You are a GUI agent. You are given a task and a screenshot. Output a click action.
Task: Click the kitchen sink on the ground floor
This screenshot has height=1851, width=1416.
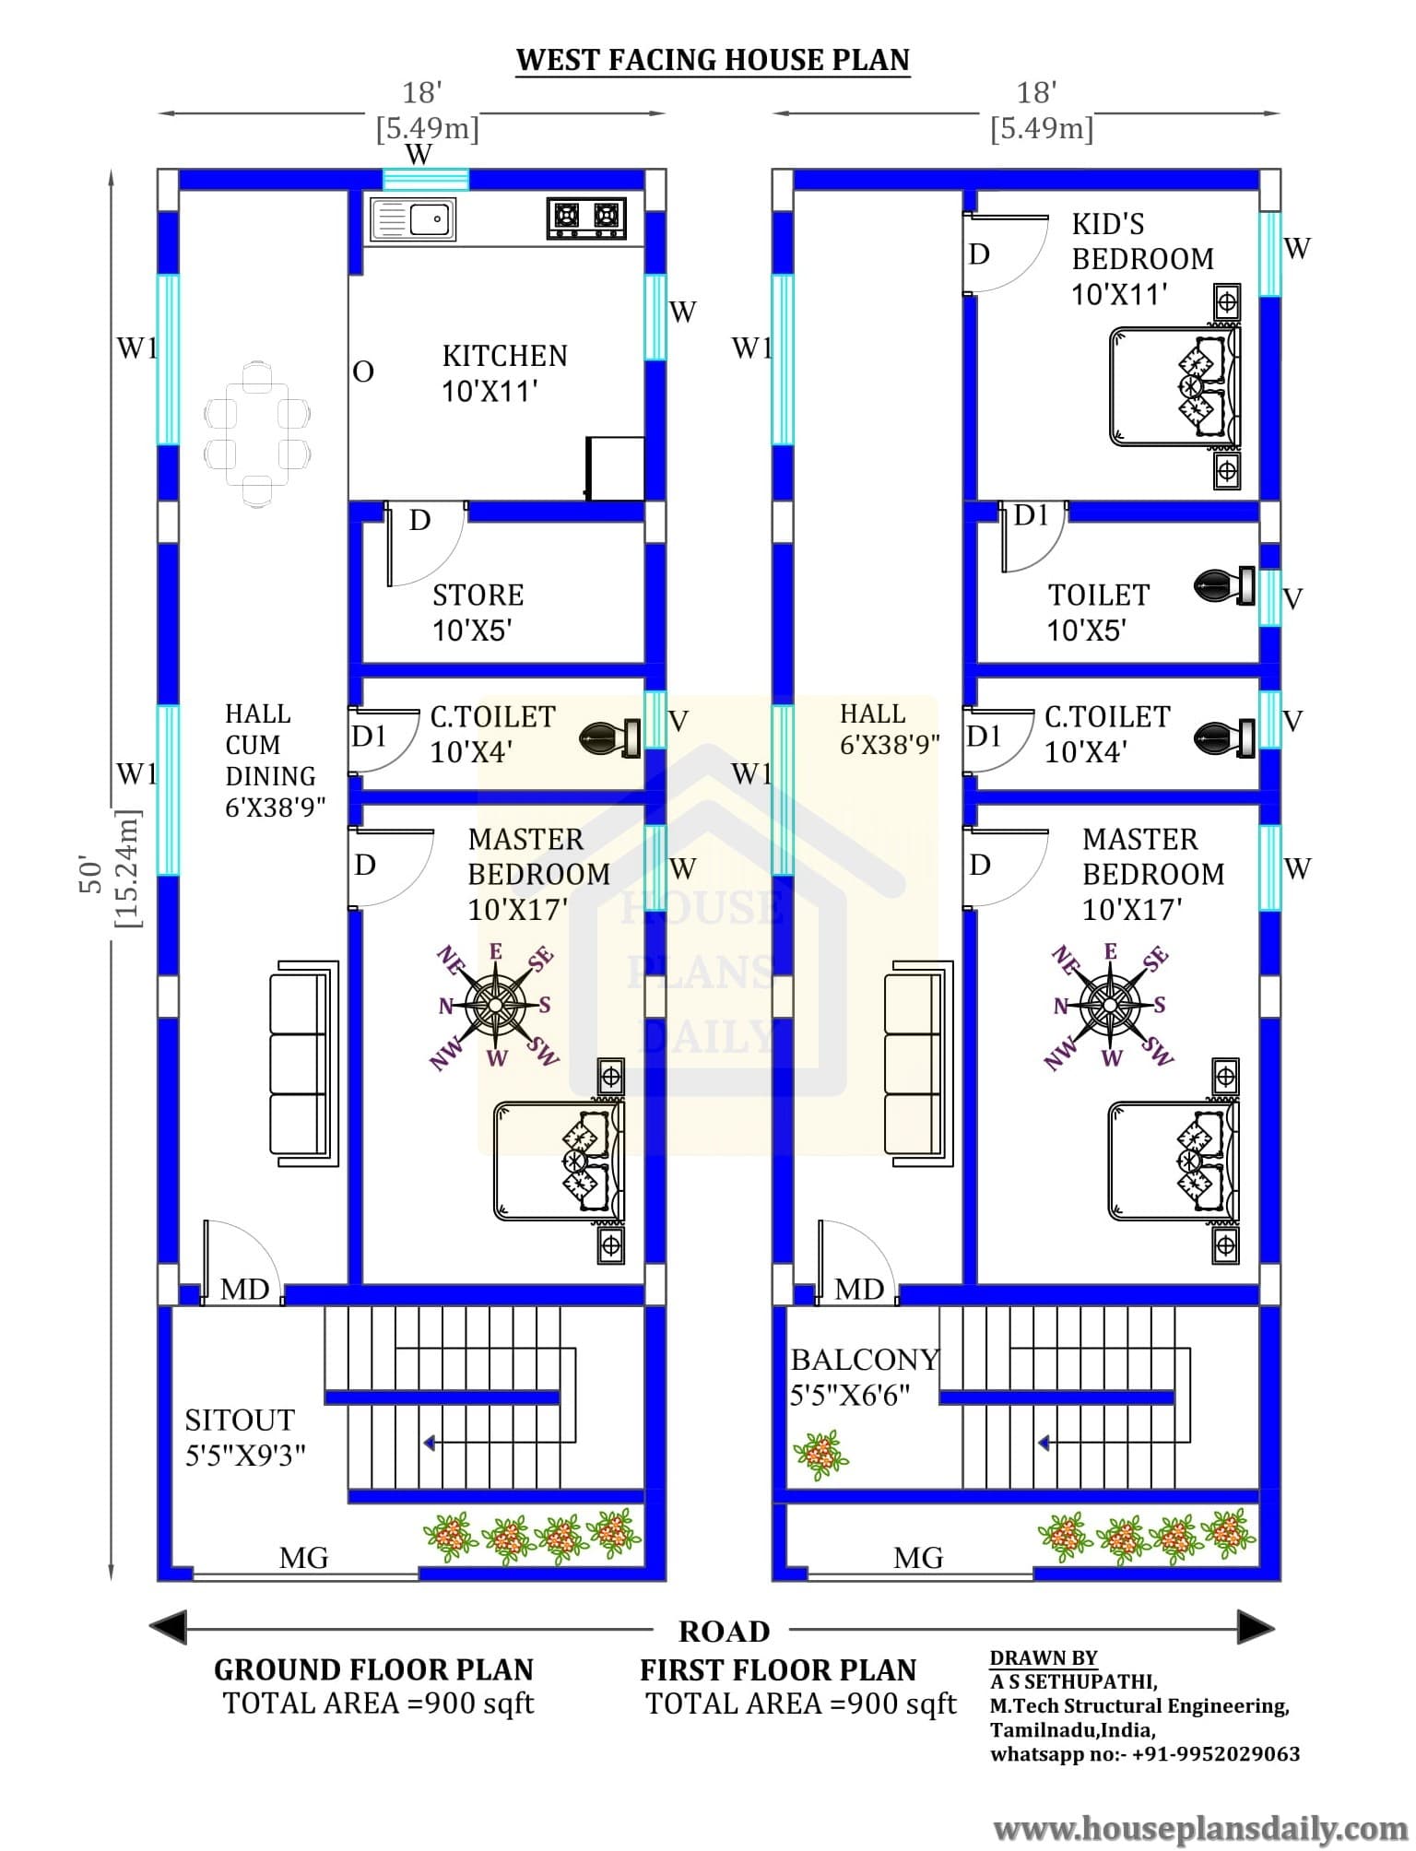click(x=412, y=219)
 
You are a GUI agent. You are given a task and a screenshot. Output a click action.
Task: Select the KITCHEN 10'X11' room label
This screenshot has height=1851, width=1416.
click(x=504, y=373)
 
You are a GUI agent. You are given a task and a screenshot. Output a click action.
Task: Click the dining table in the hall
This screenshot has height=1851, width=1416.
click(x=257, y=433)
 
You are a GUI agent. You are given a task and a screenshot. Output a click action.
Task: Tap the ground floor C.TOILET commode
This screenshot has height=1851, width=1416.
click(x=610, y=737)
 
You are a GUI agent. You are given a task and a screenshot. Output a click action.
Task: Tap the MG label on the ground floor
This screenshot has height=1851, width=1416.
click(x=304, y=1558)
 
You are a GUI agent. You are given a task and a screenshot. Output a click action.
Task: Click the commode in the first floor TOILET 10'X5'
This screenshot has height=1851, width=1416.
click(x=1224, y=585)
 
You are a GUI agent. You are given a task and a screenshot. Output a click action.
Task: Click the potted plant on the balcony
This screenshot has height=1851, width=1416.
click(x=820, y=1456)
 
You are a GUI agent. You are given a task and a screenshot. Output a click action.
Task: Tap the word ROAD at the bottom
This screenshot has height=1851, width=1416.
click(x=725, y=1632)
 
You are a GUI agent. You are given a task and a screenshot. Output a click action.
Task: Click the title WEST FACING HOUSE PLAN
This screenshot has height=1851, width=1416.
click(x=713, y=60)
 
